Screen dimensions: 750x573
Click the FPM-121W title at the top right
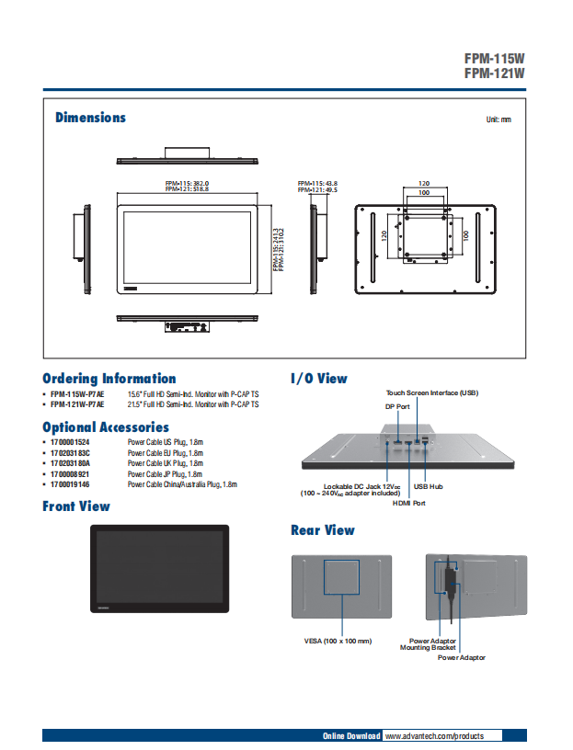pos(494,73)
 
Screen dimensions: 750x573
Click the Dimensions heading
pos(90,118)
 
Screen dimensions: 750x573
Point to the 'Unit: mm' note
pos(498,119)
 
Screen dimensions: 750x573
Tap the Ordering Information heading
pos(109,379)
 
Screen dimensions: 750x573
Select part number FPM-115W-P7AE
pos(77,393)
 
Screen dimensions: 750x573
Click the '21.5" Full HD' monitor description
pos(192,403)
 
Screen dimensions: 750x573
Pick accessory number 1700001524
pos(70,442)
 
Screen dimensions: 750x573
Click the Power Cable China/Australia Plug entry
pos(182,483)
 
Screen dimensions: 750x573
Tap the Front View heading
pos(75,506)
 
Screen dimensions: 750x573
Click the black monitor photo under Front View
pos(159,569)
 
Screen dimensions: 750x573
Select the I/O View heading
pos(318,379)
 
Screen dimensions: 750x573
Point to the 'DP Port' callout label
pos(397,405)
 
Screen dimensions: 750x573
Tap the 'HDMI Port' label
pos(408,503)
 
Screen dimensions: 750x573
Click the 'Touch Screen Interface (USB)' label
pos(432,392)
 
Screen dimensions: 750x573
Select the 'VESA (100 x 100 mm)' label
pos(338,641)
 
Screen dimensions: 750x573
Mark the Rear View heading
pos(322,530)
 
